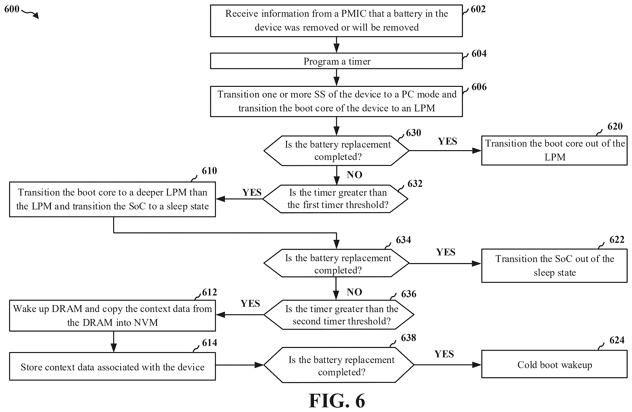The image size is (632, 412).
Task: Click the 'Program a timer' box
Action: point(336,61)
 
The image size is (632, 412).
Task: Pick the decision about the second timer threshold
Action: point(339,315)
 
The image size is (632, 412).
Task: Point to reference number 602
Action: point(478,9)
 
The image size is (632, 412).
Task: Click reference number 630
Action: point(413,133)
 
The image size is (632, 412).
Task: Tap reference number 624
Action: point(617,340)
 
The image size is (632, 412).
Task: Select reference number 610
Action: point(209,170)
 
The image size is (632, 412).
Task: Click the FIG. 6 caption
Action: point(337,401)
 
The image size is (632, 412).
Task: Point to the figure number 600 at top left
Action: point(12,9)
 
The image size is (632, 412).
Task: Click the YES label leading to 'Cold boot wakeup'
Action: point(444,354)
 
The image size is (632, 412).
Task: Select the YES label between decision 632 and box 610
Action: point(252,192)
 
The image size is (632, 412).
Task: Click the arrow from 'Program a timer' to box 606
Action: point(336,77)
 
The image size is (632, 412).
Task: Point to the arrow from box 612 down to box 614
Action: point(114,342)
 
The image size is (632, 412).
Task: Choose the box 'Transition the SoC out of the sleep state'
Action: point(555,265)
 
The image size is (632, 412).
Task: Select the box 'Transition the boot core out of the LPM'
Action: point(555,150)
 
